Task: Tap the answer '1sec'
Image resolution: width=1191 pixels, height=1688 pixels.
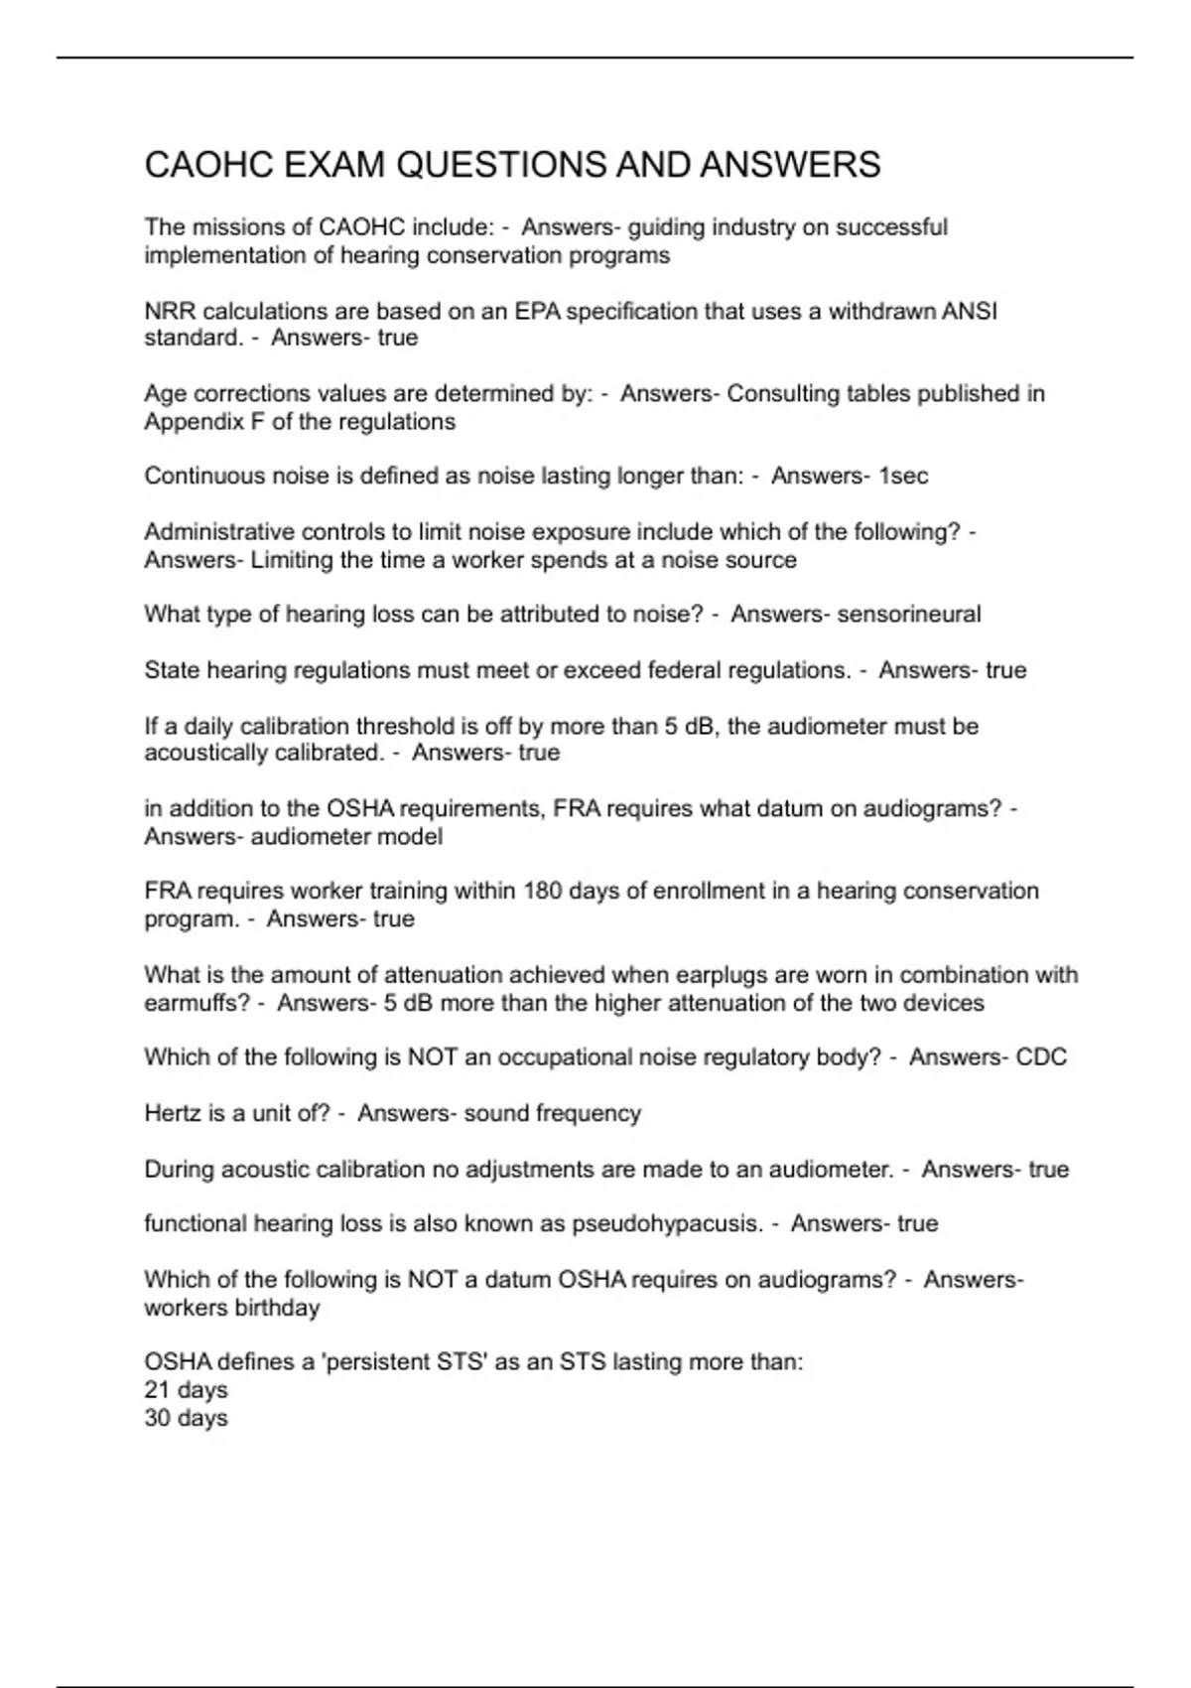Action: [x=903, y=477]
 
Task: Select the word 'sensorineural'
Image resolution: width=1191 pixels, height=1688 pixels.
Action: [x=909, y=615]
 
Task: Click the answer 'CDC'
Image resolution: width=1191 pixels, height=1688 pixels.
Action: [x=1041, y=1057]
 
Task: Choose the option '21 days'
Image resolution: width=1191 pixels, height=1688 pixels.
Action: [x=186, y=1390]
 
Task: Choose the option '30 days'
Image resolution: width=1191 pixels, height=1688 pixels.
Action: [x=186, y=1418]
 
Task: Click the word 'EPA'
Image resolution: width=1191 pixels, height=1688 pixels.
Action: [x=537, y=312]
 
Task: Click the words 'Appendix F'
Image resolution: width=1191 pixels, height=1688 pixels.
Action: [x=204, y=422]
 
